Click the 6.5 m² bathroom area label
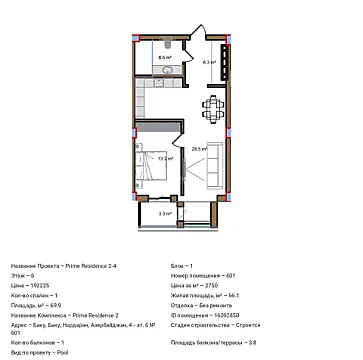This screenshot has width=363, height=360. coord(163,58)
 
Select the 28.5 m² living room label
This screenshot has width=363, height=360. coord(199,149)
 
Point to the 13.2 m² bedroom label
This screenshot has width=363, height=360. coord(164,157)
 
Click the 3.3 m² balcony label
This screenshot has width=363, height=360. coord(164,213)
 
